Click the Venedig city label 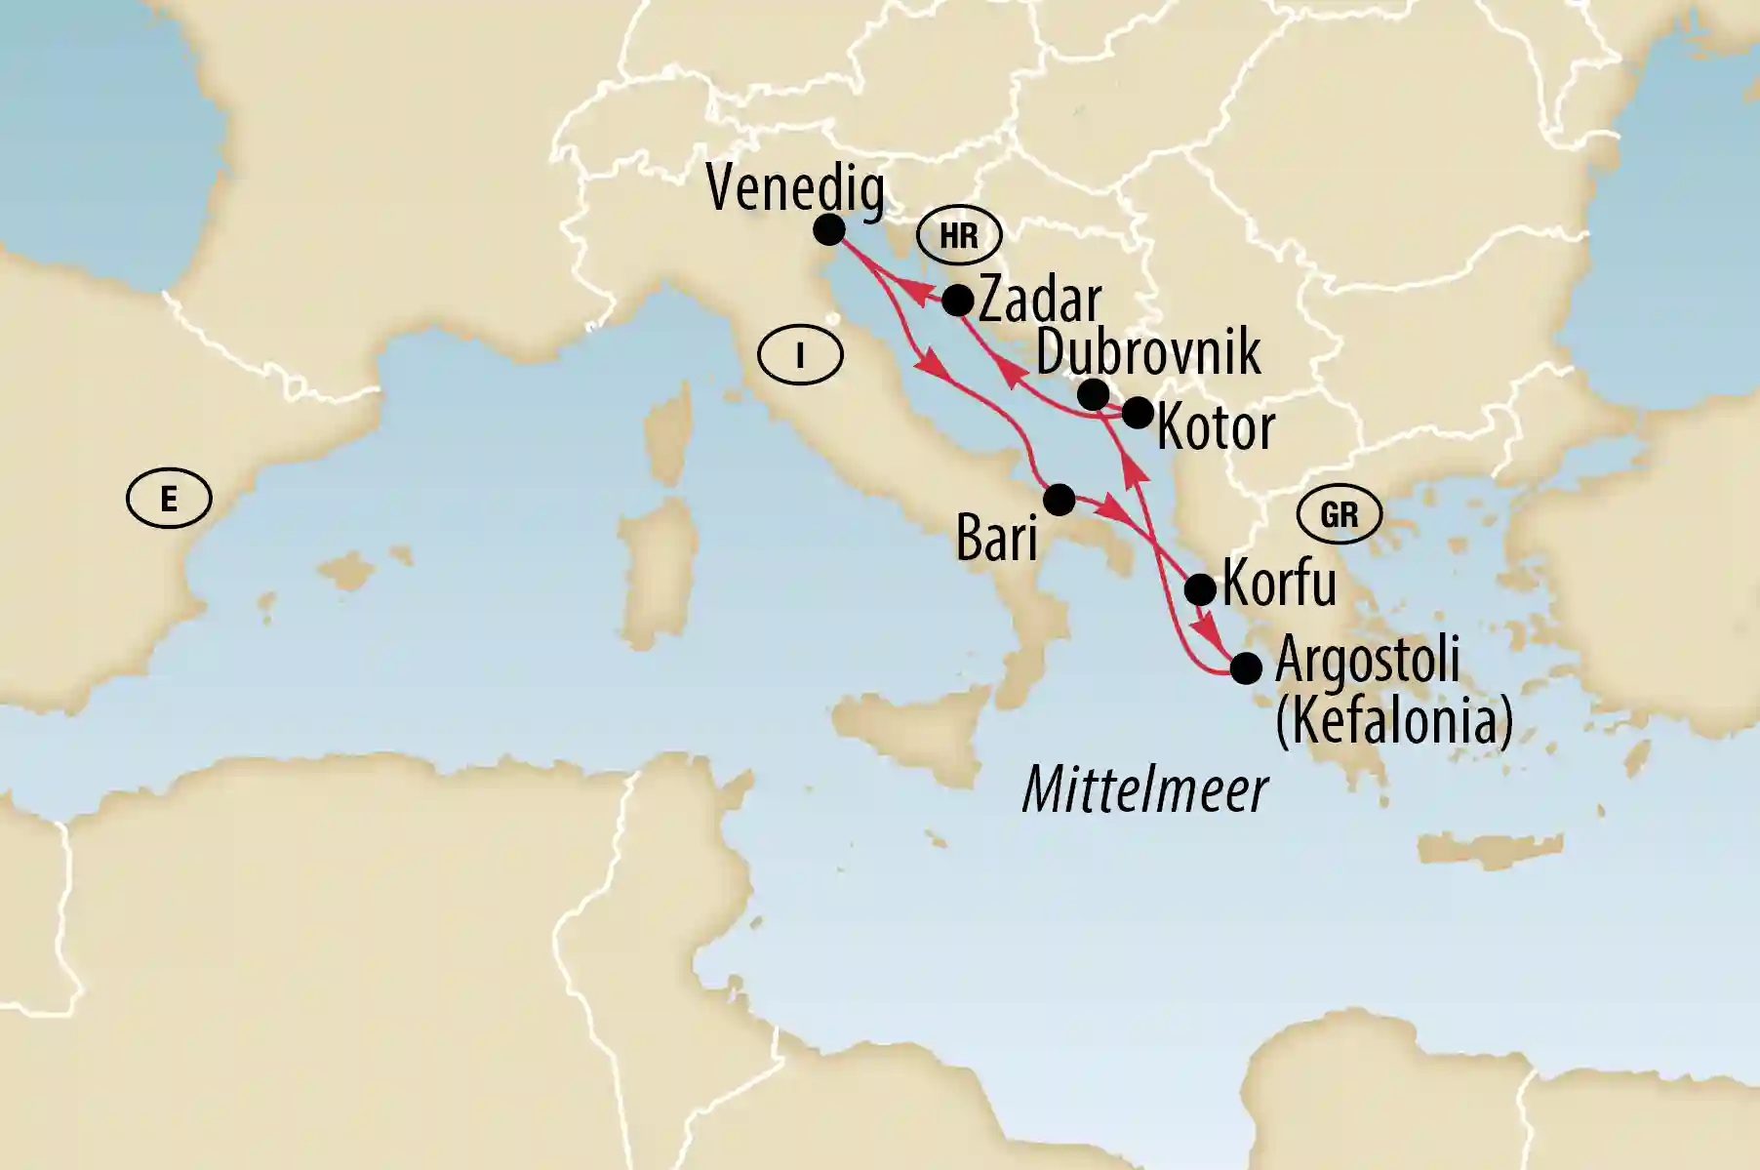tap(795, 188)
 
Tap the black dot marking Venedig tap(828, 229)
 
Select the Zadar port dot tap(958, 300)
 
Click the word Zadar tap(1040, 300)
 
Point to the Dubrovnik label tap(1148, 352)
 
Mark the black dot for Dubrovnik tap(1094, 394)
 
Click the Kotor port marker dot tap(1137, 413)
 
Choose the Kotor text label tap(1216, 427)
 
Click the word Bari tap(996, 537)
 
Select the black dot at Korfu tap(1200, 589)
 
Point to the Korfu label tap(1279, 584)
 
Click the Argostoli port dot tap(1246, 669)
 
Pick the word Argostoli tap(1368, 662)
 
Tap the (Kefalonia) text tap(1394, 721)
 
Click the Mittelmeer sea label tap(1144, 789)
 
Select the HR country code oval tap(959, 235)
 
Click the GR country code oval tap(1340, 514)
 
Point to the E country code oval tap(169, 500)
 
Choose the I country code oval tap(800, 356)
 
